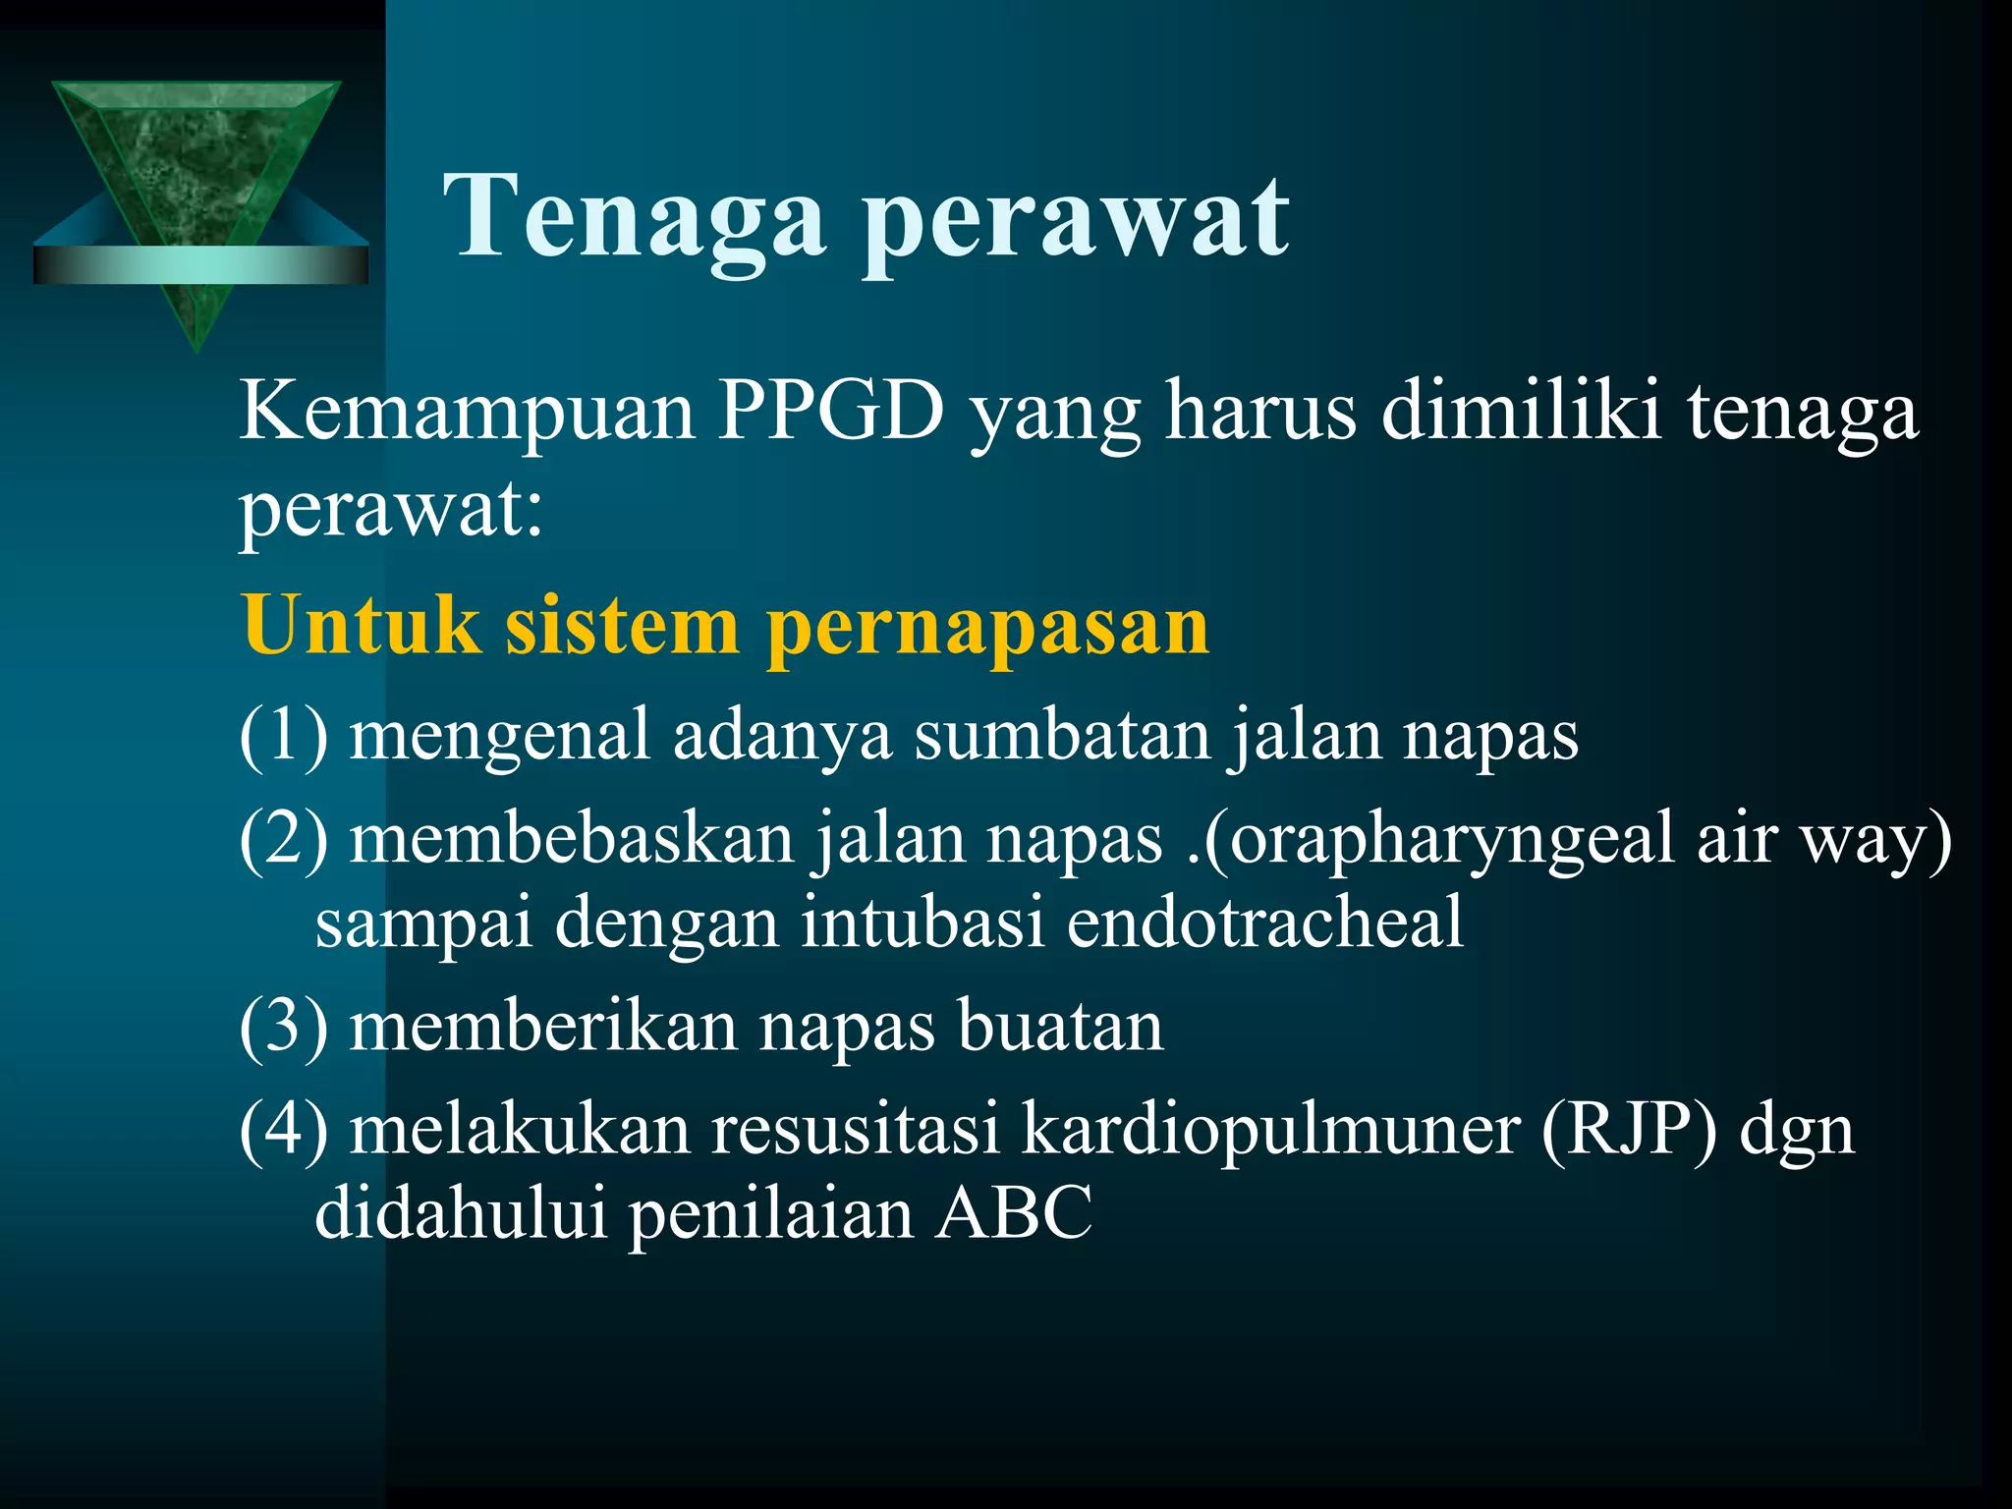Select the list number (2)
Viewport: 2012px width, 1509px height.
point(284,840)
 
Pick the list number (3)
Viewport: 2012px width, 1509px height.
point(284,1027)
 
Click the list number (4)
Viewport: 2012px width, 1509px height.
point(284,1130)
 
